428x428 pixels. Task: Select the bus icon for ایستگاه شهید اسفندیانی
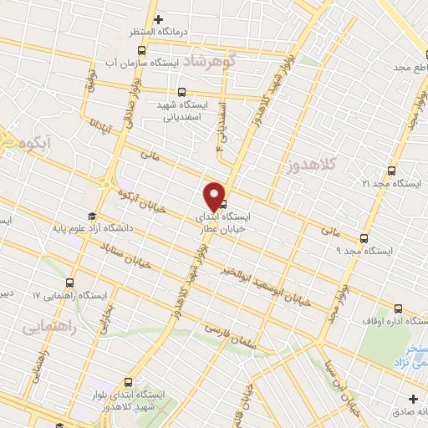[x=182, y=93]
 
